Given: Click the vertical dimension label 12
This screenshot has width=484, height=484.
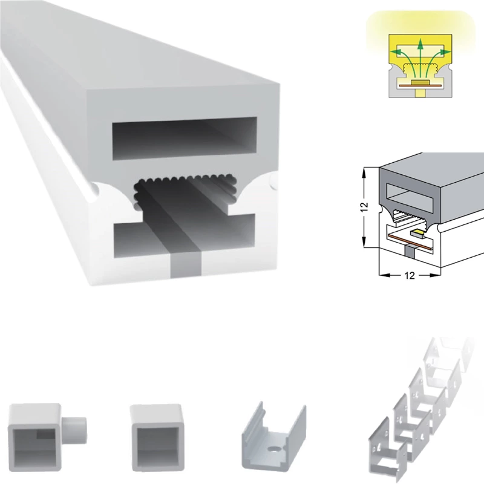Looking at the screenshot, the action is click(365, 206).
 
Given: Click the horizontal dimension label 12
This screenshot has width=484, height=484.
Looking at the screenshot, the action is click(410, 275).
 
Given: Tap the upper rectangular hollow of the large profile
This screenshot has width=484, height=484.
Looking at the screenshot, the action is click(185, 139).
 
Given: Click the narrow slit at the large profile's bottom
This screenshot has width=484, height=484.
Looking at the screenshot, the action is click(186, 266).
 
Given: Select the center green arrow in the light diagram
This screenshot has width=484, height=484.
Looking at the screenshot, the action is click(419, 59).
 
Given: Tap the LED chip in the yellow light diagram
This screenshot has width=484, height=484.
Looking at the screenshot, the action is click(419, 82).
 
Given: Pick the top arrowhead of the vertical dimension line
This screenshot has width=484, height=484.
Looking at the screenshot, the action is click(365, 171).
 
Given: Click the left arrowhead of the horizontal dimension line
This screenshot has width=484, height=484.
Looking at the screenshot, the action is click(383, 275).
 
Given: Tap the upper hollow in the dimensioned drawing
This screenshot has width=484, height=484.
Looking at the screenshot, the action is click(411, 194).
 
